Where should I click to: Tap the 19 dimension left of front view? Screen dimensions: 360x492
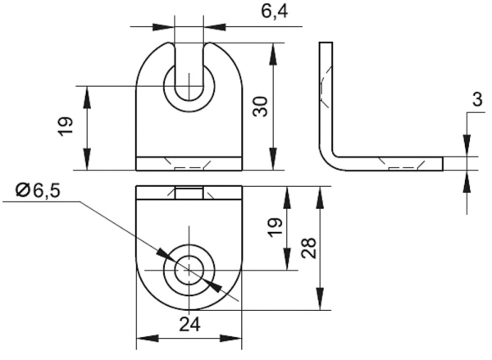coord(67,125)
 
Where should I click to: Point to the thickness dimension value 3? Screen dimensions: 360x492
coord(476,100)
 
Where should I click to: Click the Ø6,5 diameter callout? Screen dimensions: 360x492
coord(38,190)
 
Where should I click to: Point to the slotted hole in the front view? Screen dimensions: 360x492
coord(189,84)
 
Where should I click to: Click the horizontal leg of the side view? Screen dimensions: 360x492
coord(394,162)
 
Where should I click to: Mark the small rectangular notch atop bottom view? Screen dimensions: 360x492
coord(189,194)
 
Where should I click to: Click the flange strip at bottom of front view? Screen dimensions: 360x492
coord(189,163)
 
